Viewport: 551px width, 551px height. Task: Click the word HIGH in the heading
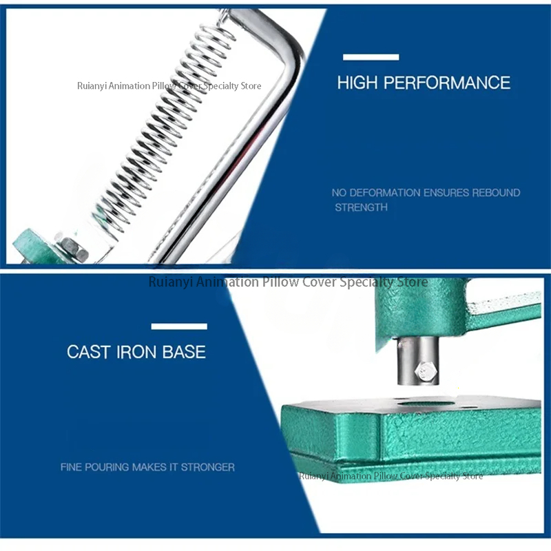(x=357, y=83)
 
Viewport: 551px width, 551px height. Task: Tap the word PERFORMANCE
(x=447, y=83)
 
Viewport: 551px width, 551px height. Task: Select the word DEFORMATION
(x=385, y=193)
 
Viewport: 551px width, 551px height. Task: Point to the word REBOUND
(x=496, y=193)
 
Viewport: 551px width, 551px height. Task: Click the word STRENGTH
(x=361, y=207)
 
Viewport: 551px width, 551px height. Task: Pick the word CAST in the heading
(x=89, y=352)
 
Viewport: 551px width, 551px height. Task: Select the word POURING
(x=107, y=467)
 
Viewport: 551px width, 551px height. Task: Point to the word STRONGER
(x=208, y=467)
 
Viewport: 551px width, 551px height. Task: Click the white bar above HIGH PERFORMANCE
(x=371, y=57)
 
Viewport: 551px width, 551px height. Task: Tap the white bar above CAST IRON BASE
(x=179, y=326)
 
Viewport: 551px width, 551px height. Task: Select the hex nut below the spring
(x=73, y=249)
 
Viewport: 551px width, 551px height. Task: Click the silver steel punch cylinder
(x=418, y=360)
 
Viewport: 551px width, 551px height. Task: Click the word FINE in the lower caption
(x=71, y=467)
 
